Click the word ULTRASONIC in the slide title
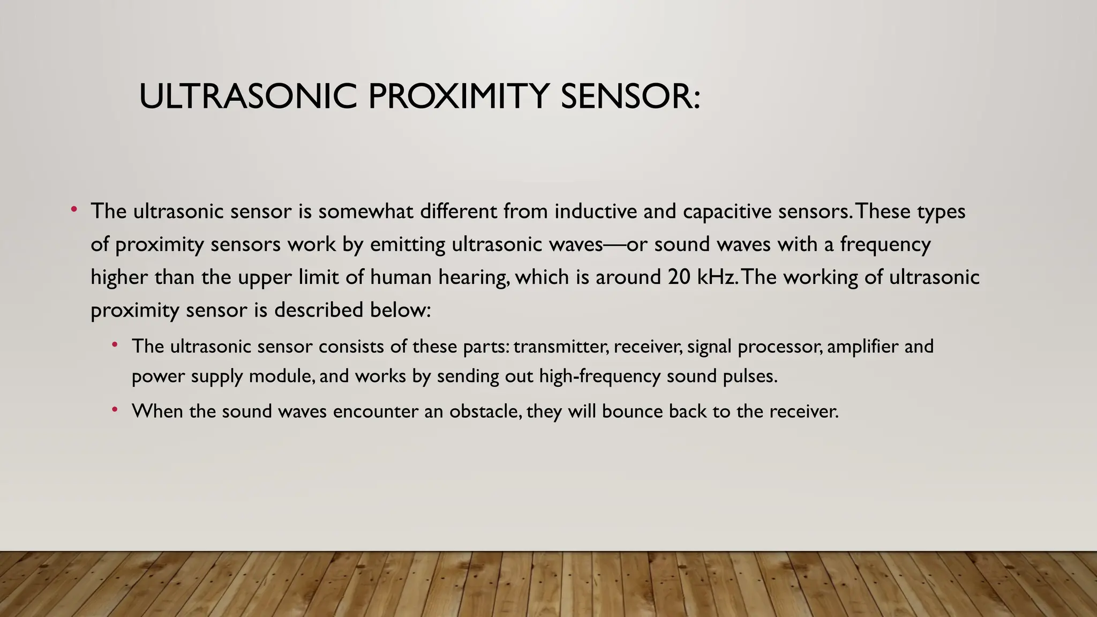pos(247,96)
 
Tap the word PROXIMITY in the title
pos(459,96)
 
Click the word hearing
pos(474,277)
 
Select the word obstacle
pos(485,411)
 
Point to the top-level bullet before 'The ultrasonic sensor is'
pos(74,209)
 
